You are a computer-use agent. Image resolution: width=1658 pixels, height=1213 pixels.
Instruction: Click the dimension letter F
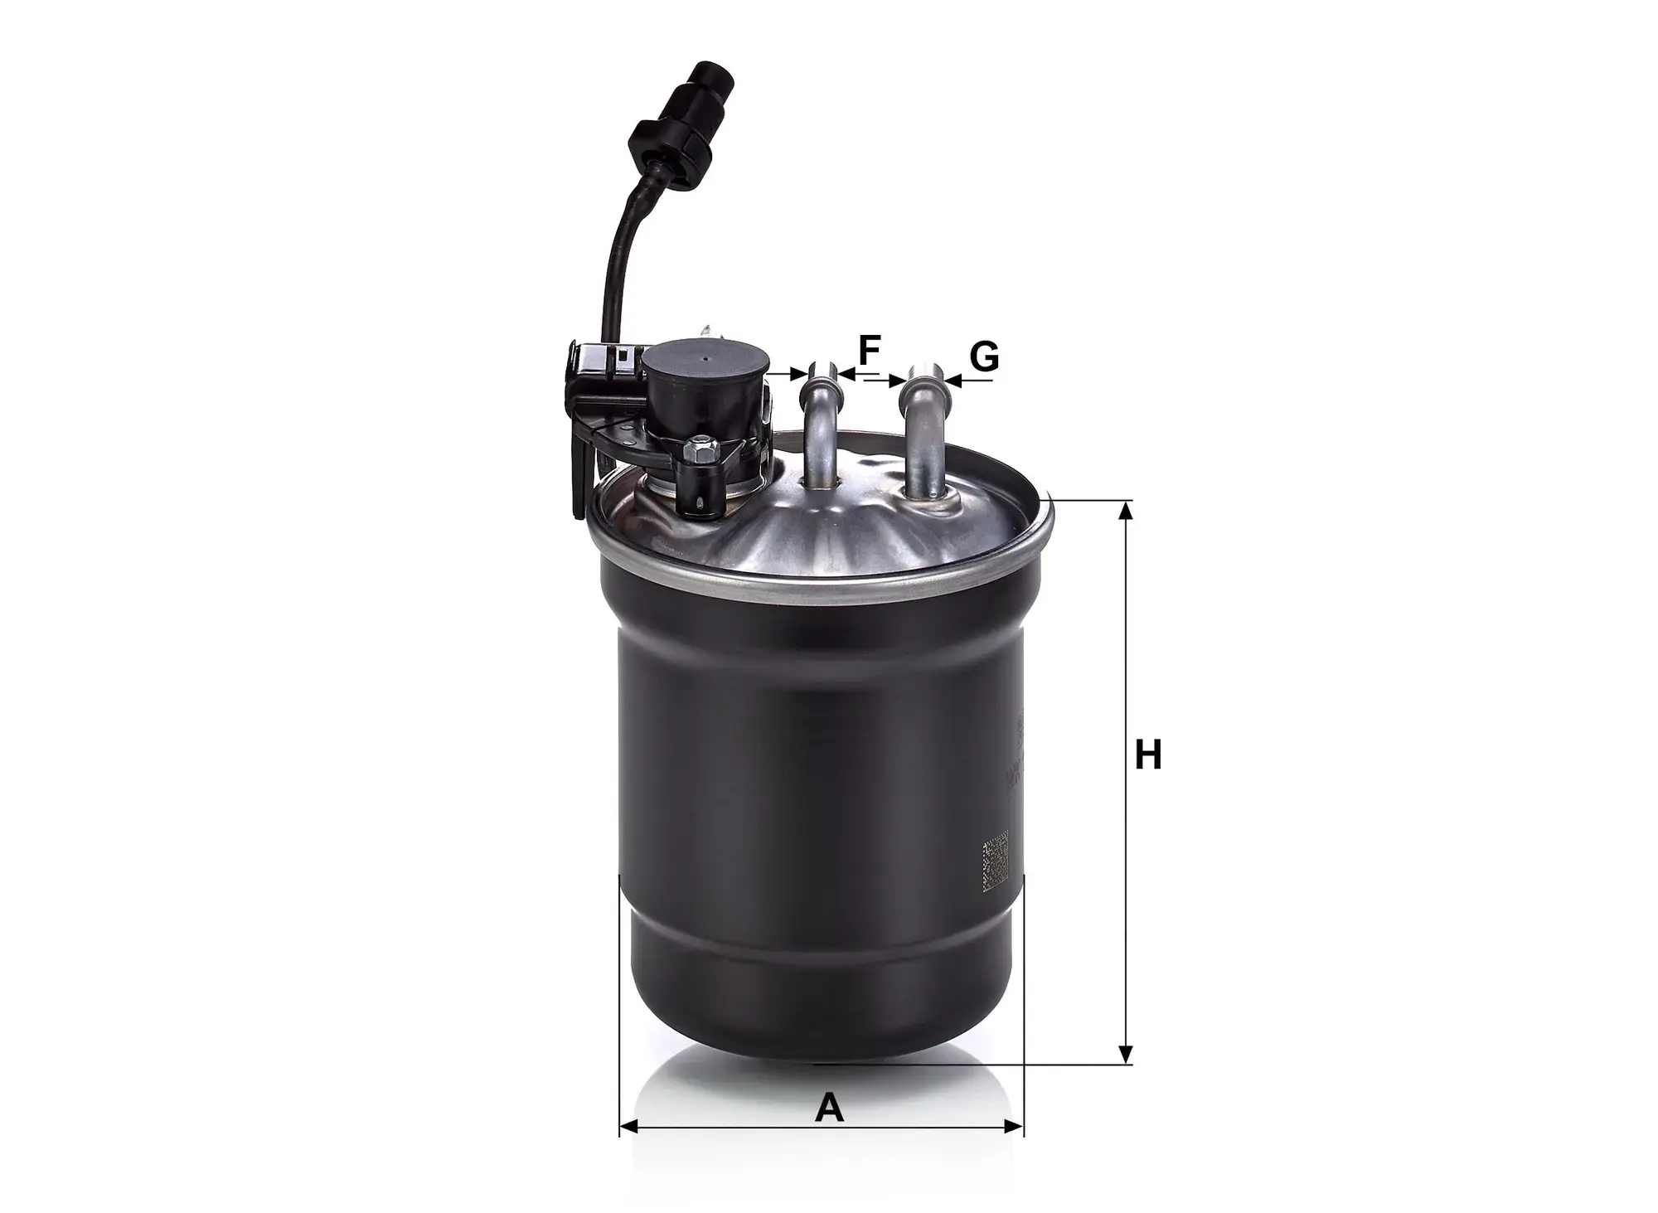pos(868,352)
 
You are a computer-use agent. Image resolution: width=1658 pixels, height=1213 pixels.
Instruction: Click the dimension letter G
pos(984,357)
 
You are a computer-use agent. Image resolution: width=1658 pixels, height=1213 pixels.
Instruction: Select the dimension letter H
pos(1148,756)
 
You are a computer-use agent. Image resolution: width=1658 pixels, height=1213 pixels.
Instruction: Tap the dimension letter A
pos(829,1108)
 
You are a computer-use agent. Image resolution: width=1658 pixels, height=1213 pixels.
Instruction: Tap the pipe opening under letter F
pos(821,366)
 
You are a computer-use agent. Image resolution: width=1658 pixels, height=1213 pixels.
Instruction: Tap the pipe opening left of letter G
pos(923,371)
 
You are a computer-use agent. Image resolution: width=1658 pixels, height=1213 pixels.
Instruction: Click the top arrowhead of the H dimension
pos(1125,511)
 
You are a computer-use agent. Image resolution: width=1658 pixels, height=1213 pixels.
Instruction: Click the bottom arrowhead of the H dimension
pos(1125,1054)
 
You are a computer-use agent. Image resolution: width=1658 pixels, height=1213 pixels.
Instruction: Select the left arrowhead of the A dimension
pos(629,1127)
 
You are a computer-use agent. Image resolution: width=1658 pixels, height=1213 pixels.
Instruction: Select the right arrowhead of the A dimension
pos(1015,1127)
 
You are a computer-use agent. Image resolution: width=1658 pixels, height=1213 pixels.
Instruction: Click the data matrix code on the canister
pos(995,866)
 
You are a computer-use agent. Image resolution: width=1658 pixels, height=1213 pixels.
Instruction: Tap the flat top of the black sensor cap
pos(704,361)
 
